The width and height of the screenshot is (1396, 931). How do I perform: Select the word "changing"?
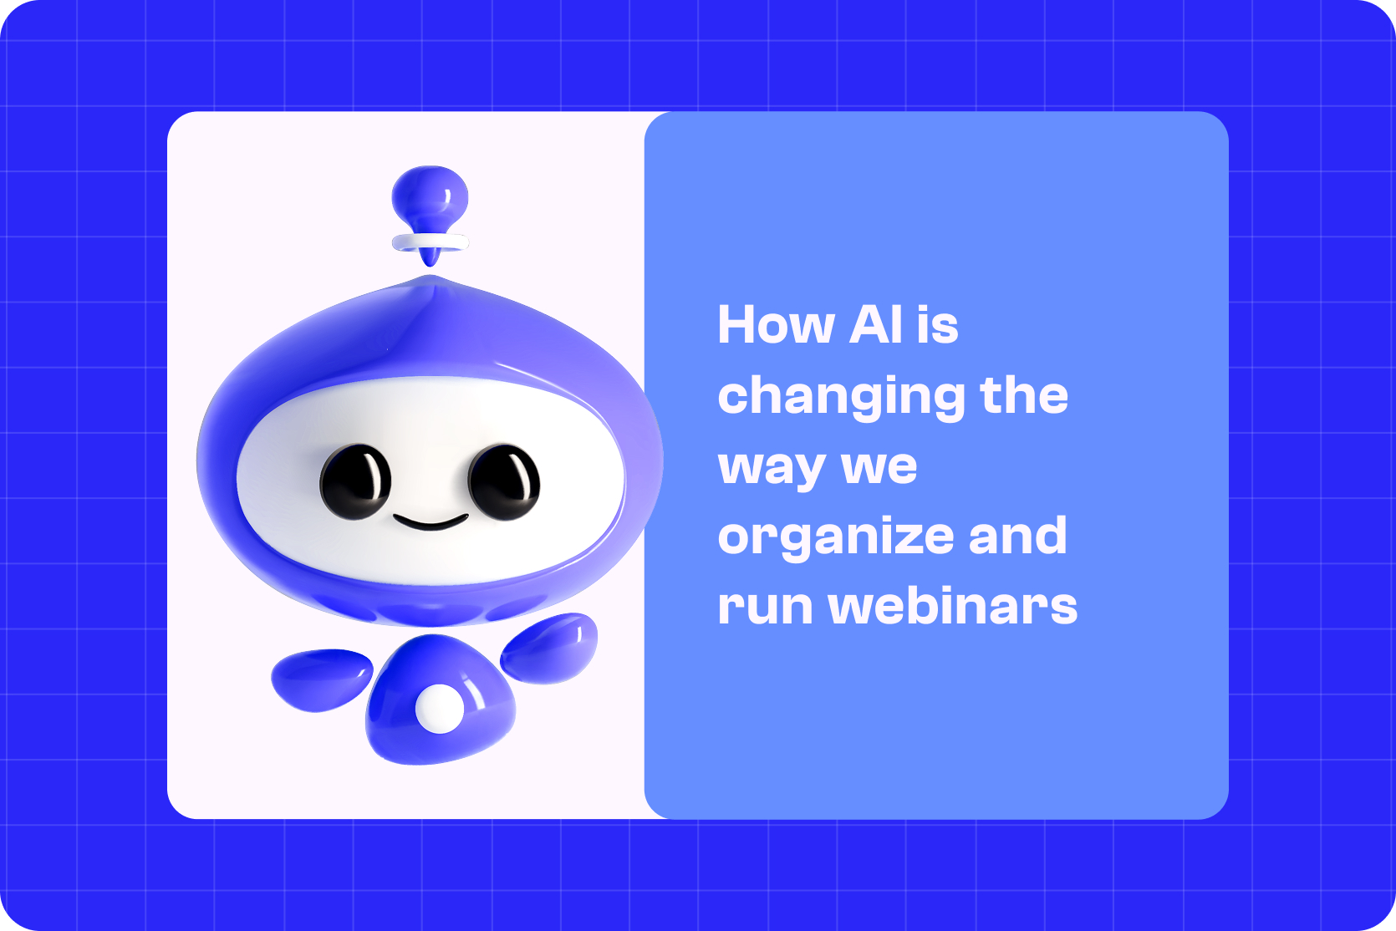coord(841,396)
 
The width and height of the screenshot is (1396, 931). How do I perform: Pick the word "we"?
coord(879,466)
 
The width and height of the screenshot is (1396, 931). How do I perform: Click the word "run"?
coord(765,607)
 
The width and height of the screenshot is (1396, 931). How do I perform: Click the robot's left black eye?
coord(355,481)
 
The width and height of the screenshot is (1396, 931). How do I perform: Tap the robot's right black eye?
coord(503,481)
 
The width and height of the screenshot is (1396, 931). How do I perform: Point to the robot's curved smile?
coord(431,523)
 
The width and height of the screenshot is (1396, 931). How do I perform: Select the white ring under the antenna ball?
coord(431,242)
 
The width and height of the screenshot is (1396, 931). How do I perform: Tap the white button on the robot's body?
coord(439,709)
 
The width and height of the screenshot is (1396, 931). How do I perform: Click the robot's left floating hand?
coord(321,679)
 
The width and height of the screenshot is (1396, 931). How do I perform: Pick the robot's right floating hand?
coord(550,647)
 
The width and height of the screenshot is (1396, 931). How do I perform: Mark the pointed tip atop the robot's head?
coord(431,281)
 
